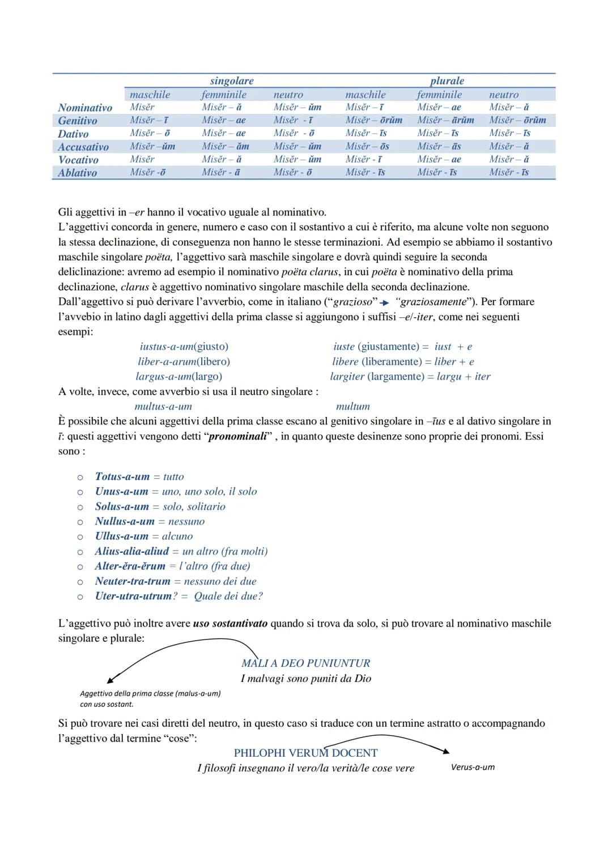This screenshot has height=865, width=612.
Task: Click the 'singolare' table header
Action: click(232, 81)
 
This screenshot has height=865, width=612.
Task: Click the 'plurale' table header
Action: click(447, 81)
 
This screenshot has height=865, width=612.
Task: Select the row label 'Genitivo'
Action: click(78, 121)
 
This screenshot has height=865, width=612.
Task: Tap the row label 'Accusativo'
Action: click(83, 147)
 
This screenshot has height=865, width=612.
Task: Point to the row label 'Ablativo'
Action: click(78, 173)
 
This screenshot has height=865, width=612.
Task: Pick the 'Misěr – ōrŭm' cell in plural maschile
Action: click(374, 120)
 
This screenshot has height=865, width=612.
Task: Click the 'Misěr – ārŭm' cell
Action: click(445, 120)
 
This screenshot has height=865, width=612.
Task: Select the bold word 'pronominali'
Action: click(237, 436)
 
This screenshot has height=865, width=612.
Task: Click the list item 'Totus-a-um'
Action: click(122, 477)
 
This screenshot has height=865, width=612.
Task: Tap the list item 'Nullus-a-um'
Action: click(125, 521)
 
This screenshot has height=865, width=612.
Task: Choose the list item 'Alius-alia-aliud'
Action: click(132, 551)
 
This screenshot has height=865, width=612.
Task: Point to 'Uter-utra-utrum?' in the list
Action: click(136, 596)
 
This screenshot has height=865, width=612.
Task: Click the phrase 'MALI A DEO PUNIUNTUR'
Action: click(305, 663)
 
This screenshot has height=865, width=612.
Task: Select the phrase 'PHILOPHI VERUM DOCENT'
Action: click(305, 753)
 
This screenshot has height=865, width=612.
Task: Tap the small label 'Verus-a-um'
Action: click(473, 767)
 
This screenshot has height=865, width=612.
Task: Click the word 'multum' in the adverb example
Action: click(352, 406)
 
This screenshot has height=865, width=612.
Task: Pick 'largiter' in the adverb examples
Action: click(347, 376)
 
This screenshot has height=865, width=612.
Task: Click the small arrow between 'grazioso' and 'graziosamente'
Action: click(385, 302)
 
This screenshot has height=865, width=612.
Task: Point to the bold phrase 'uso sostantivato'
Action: click(230, 623)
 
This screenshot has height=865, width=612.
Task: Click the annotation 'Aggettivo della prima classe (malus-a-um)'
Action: click(150, 693)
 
